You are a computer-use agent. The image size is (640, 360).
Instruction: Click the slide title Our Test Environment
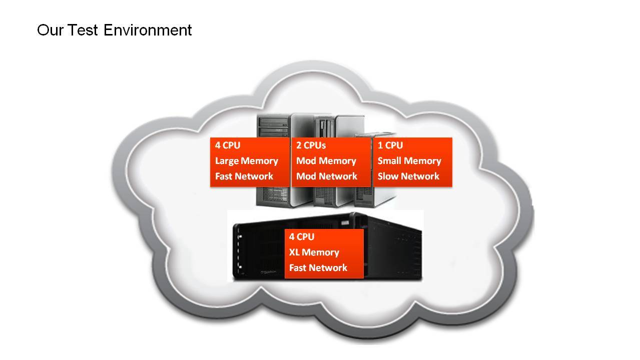click(114, 30)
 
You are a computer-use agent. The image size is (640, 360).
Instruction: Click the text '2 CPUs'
click(311, 145)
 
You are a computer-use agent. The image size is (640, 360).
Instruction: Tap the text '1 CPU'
click(390, 145)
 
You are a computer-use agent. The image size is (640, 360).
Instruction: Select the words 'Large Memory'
click(246, 161)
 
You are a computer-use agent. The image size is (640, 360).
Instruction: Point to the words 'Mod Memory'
click(326, 161)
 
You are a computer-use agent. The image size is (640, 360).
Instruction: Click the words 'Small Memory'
click(409, 161)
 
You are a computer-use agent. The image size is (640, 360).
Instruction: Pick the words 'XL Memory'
click(314, 252)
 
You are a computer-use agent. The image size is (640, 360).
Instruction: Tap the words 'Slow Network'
click(408, 176)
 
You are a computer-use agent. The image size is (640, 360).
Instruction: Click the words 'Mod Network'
click(326, 176)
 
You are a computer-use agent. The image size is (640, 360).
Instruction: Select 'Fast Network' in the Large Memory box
click(244, 176)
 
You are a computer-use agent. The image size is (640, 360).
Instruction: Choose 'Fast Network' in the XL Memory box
click(318, 268)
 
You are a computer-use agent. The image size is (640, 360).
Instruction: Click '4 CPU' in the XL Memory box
click(301, 237)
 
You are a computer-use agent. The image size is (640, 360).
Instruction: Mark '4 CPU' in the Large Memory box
click(227, 145)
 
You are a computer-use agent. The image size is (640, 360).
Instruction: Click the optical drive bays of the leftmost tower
click(273, 125)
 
